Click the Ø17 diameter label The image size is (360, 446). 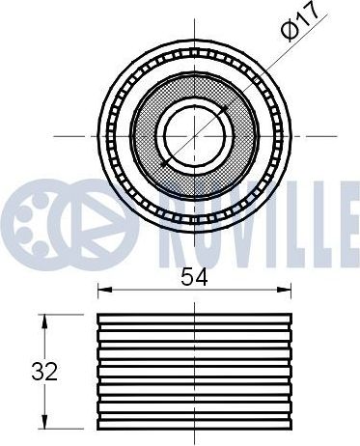click(300, 22)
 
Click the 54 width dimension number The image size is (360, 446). click(194, 277)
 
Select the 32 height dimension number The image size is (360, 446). click(44, 372)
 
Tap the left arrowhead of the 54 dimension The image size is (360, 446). click(104, 290)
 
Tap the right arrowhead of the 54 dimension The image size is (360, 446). click(285, 290)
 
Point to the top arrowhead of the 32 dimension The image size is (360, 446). click(44, 321)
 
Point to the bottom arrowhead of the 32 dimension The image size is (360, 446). click(44, 422)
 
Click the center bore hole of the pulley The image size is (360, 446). click(195, 136)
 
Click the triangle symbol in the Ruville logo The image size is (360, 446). click(97, 225)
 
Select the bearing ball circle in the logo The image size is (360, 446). click(32, 225)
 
